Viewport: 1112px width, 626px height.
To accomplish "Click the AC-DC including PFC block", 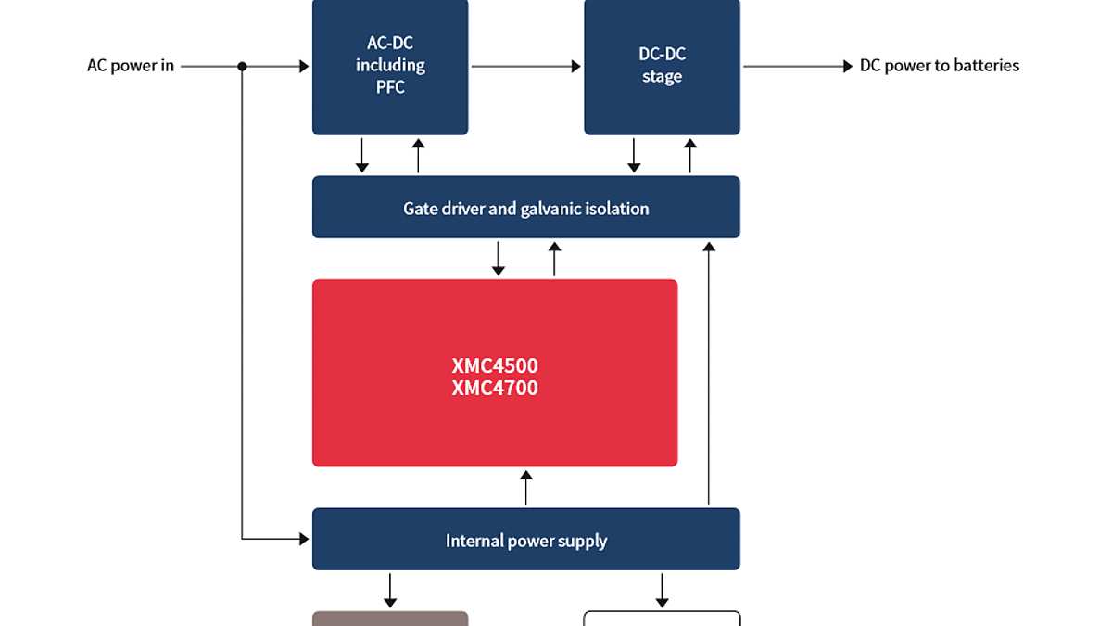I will click(390, 65).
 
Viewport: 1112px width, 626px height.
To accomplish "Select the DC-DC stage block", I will click(662, 65).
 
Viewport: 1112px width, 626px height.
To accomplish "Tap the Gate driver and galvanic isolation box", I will click(525, 208).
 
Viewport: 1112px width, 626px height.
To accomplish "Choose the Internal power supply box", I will click(525, 540).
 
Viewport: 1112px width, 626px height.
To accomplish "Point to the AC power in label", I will click(131, 66).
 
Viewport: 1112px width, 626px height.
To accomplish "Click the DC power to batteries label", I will click(940, 66).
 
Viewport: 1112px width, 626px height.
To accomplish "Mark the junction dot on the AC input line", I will click(242, 66).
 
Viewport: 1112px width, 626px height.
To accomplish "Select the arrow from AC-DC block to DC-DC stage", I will click(525, 66).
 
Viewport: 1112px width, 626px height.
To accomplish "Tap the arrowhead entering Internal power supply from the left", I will click(303, 538).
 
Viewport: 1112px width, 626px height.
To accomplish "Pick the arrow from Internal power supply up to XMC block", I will click(526, 488).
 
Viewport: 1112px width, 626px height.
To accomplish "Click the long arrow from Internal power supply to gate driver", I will click(709, 371).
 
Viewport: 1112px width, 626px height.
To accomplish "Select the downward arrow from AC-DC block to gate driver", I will click(362, 155).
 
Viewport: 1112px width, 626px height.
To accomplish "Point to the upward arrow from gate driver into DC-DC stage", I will click(689, 155).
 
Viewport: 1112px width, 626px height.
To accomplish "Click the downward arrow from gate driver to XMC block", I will click(499, 258).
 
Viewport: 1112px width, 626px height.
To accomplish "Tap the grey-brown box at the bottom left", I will click(390, 619).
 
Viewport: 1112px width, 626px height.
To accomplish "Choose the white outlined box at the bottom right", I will click(662, 619).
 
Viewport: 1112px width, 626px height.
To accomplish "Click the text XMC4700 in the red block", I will click(495, 388).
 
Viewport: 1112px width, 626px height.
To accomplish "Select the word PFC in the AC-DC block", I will click(390, 88).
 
